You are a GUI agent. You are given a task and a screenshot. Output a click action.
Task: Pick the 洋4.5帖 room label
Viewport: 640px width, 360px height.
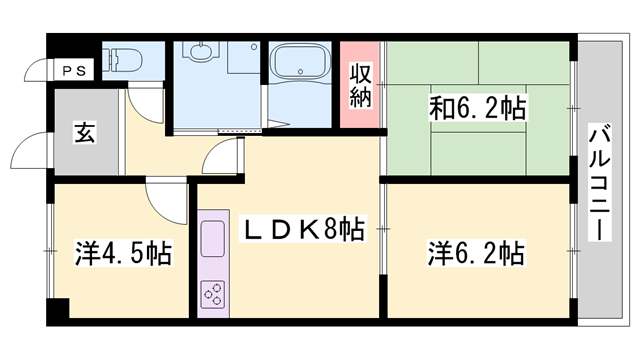123,252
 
